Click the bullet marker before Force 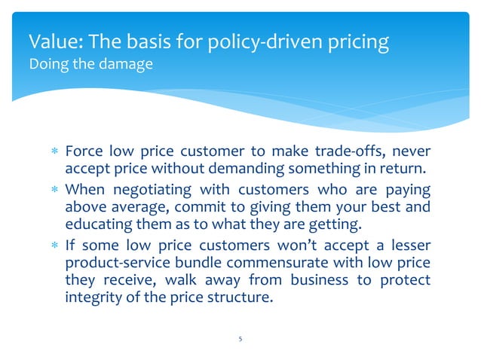click(x=54, y=152)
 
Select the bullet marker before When click(x=54, y=188)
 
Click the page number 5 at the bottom click(x=240, y=339)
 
